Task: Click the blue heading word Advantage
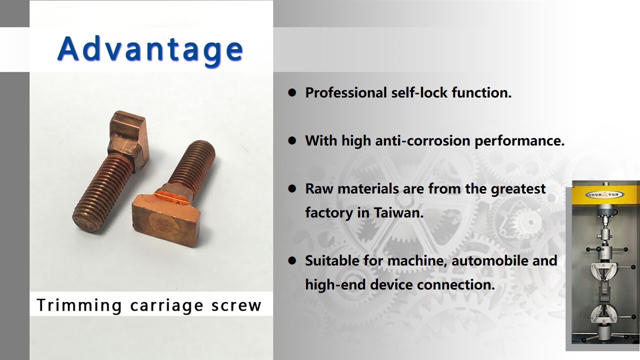point(150,49)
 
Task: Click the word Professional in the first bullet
point(346,92)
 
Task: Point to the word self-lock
point(418,92)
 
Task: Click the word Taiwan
point(398,212)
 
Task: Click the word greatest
point(518,188)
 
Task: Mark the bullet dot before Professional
point(292,93)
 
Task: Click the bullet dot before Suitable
point(292,261)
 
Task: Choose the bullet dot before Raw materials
point(292,189)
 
